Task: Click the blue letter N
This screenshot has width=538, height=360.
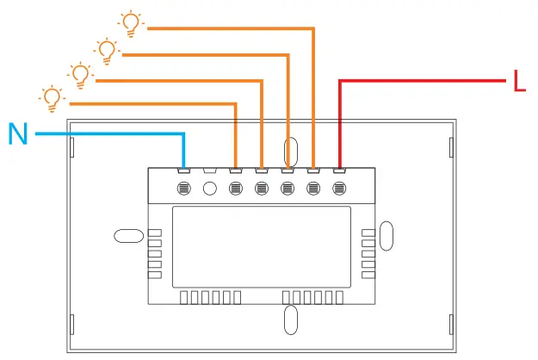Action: (18, 133)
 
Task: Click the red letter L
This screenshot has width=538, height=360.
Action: (519, 82)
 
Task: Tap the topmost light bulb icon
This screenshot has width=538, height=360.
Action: (130, 23)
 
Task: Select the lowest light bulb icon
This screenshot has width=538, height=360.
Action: (53, 97)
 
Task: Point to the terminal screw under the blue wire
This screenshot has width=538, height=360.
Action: (184, 188)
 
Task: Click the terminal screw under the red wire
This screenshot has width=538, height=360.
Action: (339, 188)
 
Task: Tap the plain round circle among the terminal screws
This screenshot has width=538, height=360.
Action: (209, 188)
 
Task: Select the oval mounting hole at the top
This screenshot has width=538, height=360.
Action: (291, 151)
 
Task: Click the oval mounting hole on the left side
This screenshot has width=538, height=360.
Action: (127, 236)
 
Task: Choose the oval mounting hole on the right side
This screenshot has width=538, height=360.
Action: (386, 235)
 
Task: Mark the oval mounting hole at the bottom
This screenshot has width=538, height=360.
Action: (291, 320)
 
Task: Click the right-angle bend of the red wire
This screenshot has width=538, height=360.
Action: (340, 82)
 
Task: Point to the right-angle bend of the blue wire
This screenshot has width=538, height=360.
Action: (184, 134)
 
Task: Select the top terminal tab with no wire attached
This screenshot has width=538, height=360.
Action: (209, 169)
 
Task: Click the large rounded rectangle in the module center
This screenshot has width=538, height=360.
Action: (261, 247)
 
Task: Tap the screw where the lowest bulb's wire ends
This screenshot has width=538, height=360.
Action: (236, 188)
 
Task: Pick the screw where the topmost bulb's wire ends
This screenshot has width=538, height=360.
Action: (313, 188)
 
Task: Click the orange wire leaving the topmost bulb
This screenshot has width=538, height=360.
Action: (224, 28)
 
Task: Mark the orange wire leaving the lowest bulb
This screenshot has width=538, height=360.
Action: (146, 103)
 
